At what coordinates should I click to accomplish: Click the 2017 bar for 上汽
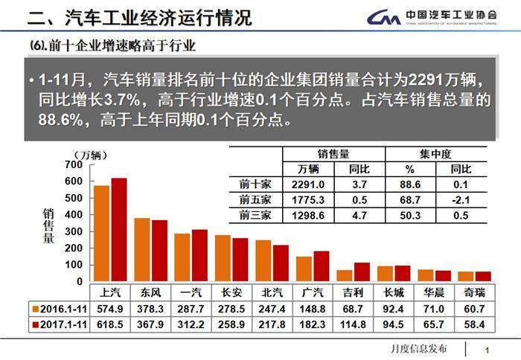pos(119,230)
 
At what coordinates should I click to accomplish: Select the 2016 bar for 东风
pos(142,250)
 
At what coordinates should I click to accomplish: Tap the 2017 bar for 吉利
pos(362,272)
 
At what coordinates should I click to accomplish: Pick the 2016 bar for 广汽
pos(304,269)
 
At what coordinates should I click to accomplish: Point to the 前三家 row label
pos(256,215)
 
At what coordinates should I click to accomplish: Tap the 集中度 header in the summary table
pos(435,154)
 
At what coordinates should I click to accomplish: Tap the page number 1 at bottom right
pos(486,350)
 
